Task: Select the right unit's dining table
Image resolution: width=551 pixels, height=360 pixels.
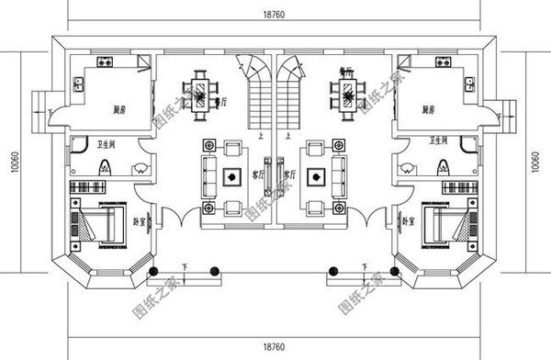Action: (348, 91)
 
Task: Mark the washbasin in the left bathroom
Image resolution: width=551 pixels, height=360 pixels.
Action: (141, 167)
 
